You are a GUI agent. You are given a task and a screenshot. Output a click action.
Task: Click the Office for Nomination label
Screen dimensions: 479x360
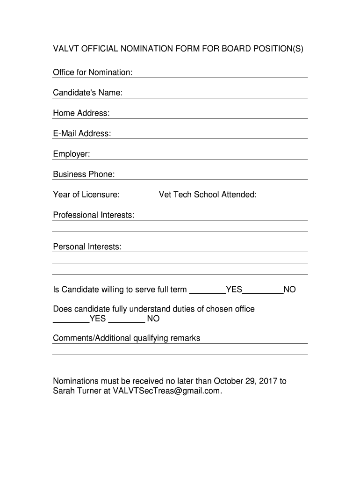tap(93, 72)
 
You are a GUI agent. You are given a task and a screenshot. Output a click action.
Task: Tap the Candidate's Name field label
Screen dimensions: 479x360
tap(88, 93)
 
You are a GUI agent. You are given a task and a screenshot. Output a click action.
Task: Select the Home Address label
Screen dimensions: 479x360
tap(81, 113)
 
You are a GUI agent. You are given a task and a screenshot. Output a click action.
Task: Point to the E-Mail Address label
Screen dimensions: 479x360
tap(82, 134)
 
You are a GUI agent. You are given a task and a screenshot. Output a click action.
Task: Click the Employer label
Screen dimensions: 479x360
tap(72, 154)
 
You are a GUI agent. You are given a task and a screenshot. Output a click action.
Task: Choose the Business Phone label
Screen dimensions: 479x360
tap(84, 174)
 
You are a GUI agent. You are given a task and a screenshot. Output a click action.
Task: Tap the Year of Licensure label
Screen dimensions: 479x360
tap(86, 195)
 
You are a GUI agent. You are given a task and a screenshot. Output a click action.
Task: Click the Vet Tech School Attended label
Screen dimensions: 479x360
tap(208, 195)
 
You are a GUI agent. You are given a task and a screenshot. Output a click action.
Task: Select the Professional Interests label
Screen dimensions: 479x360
tap(94, 215)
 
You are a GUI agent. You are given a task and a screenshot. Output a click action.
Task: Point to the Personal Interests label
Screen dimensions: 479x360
tap(87, 247)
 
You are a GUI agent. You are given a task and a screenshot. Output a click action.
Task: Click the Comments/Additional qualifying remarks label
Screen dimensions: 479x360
tap(126, 338)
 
